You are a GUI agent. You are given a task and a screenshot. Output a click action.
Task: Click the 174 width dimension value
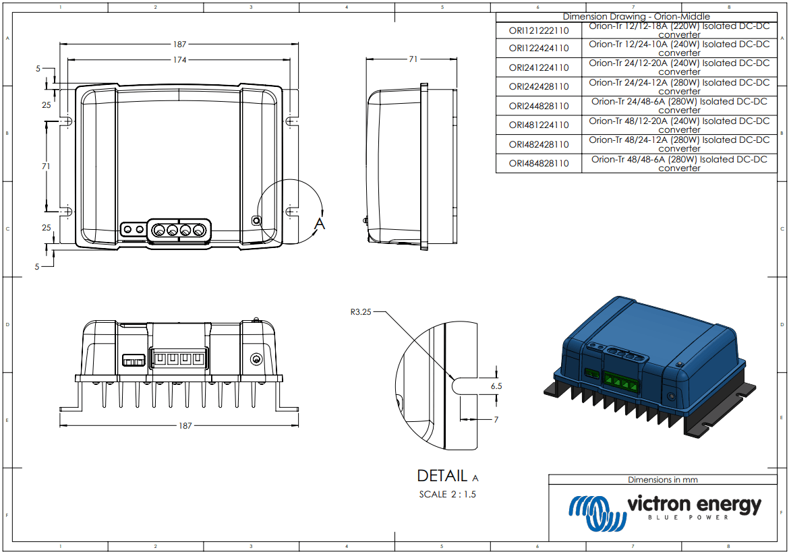point(179,60)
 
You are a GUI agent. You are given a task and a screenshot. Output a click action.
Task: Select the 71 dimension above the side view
point(413,59)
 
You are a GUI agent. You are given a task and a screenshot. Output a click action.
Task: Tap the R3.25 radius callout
point(360,312)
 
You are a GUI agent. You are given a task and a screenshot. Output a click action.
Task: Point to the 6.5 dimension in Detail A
point(496,386)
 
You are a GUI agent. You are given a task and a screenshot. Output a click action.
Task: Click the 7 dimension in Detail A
point(496,420)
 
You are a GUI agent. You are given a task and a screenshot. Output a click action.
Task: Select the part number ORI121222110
point(538,30)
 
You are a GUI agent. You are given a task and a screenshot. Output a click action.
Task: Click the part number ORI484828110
point(538,164)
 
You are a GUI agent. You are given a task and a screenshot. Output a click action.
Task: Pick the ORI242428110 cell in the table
point(538,87)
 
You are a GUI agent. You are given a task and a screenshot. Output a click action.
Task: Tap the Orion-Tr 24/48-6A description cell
point(679,106)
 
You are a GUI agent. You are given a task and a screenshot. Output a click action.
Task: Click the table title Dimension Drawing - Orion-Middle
point(636,16)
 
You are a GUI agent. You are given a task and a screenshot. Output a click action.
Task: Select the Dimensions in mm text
point(662,480)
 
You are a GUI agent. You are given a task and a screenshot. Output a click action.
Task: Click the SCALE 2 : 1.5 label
point(448,494)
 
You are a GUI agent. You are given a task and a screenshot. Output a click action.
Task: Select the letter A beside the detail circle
point(320,223)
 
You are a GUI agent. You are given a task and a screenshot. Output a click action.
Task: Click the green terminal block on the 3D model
point(620,383)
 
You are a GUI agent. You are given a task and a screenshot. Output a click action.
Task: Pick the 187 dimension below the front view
point(185,426)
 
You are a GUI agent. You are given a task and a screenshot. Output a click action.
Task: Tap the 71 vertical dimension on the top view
point(46,166)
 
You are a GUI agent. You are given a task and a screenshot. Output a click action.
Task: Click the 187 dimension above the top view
point(179,44)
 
